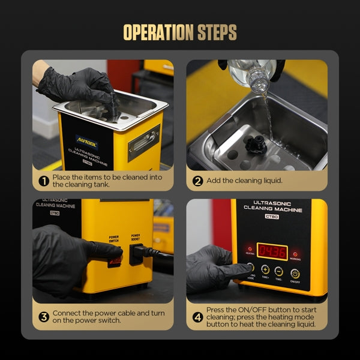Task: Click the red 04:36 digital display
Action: (x=272, y=251)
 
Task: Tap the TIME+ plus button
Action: (x=265, y=271)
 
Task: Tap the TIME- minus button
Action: (x=279, y=271)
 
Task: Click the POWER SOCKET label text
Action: (x=136, y=237)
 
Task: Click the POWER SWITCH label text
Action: (x=114, y=238)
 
